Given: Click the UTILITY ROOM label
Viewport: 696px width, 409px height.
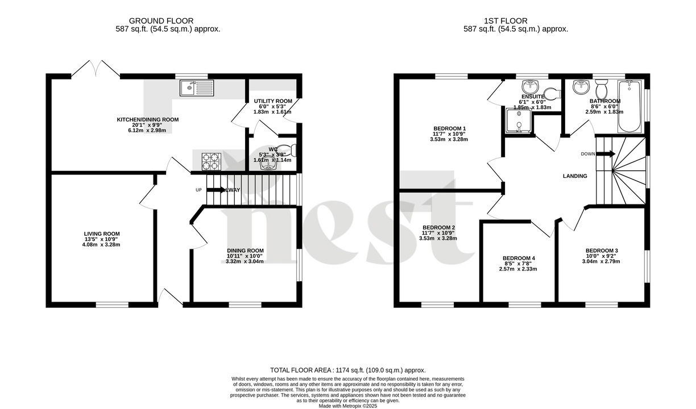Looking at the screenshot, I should click(272, 101).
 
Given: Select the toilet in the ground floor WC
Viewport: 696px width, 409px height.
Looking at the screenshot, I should click(292, 150).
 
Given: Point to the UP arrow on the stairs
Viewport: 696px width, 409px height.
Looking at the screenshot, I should click(216, 190).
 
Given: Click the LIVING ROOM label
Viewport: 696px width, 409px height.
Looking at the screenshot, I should click(102, 233).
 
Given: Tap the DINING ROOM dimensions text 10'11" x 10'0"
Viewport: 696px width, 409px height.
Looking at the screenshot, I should click(245, 256).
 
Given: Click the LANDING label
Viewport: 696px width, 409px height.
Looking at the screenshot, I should click(575, 176).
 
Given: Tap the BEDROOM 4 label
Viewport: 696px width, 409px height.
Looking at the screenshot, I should click(519, 258).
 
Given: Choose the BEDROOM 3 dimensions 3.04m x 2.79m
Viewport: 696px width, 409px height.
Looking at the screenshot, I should click(601, 261).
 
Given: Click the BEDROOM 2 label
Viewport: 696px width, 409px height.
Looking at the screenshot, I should click(438, 227).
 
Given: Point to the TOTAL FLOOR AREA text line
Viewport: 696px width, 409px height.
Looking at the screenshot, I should click(347, 370).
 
